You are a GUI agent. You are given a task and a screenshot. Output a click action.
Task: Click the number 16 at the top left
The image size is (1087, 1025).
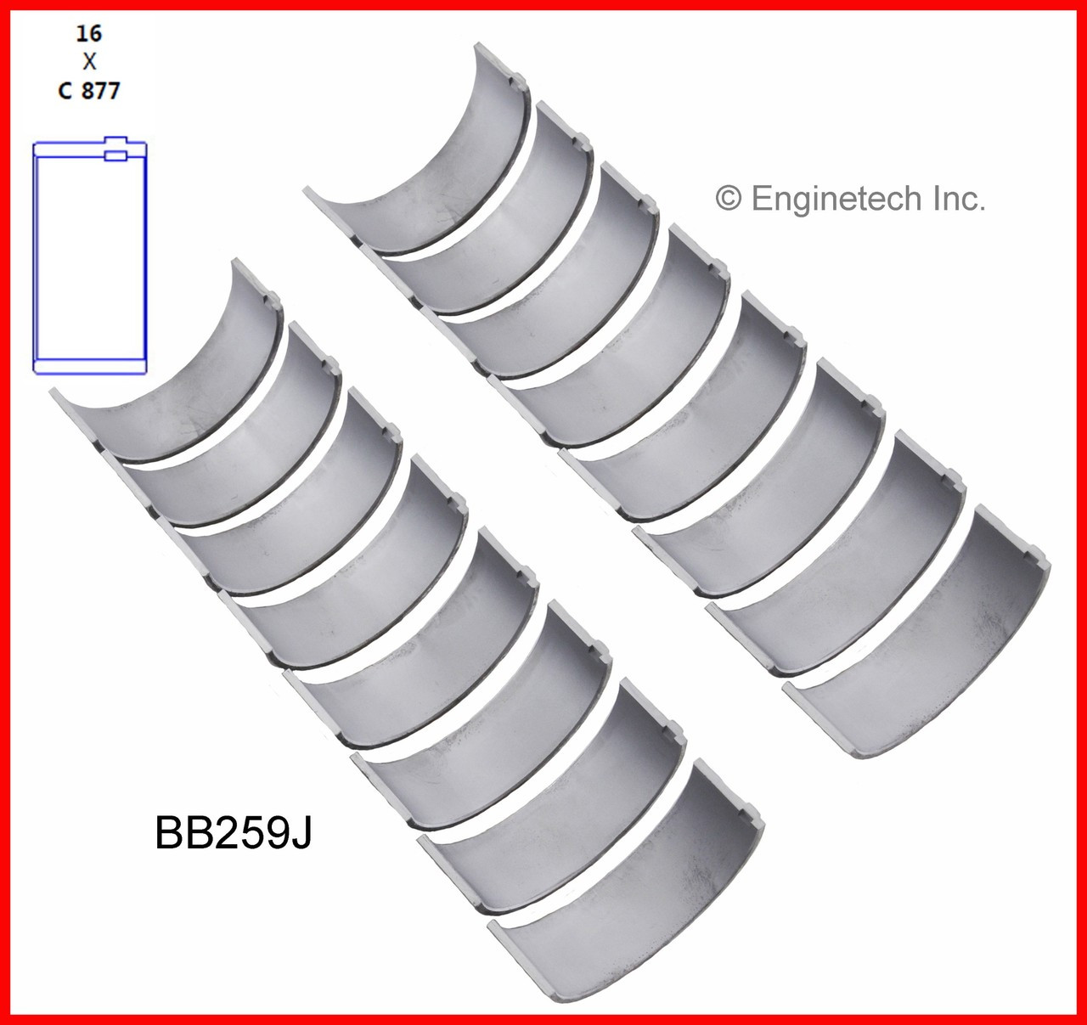pos(89,33)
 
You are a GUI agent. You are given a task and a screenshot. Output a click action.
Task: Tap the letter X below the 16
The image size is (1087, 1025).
pos(89,61)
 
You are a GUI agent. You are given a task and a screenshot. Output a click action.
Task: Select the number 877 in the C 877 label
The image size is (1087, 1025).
pos(101,90)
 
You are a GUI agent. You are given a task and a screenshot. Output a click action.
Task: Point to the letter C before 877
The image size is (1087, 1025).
pos(65,90)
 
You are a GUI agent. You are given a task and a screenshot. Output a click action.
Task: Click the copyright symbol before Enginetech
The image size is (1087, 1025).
pos(729,200)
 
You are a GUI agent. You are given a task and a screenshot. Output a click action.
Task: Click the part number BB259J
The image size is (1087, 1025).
pos(234,833)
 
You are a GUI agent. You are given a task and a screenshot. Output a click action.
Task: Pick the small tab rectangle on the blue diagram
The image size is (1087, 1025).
pos(115,155)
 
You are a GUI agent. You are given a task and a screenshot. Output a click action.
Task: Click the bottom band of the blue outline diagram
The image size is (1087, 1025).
pos(90,366)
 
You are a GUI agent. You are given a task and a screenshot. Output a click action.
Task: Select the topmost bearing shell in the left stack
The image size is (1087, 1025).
pos(178,374)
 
